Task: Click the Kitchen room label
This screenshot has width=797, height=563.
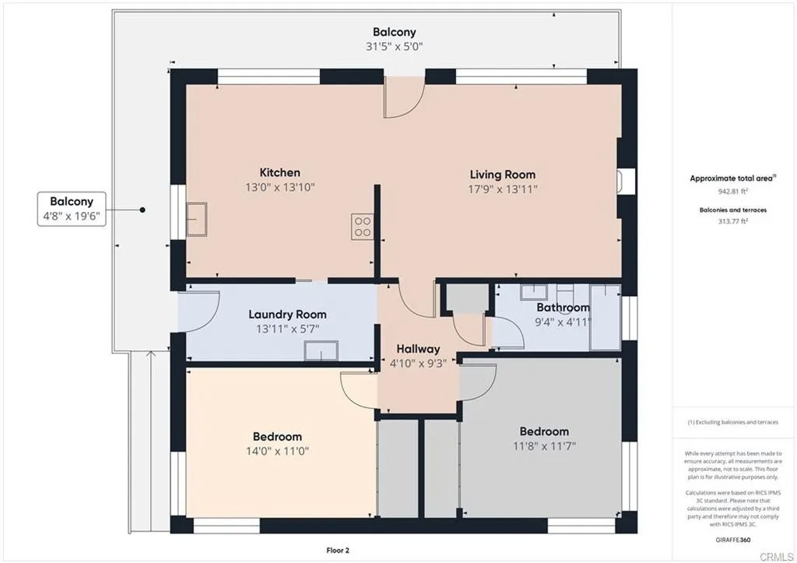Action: point(279,172)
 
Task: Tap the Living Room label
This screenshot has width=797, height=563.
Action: point(502,174)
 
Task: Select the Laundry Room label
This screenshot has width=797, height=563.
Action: point(287,315)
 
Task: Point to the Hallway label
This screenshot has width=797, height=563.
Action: point(418,349)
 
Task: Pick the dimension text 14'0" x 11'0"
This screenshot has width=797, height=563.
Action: point(277,450)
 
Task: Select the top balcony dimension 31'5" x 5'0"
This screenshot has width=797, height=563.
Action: point(394,46)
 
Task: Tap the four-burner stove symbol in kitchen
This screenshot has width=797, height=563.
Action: point(363,226)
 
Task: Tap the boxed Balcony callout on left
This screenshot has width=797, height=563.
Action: point(72,209)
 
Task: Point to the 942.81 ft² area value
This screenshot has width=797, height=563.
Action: point(734,191)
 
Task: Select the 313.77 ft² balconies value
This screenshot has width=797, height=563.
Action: point(734,221)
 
